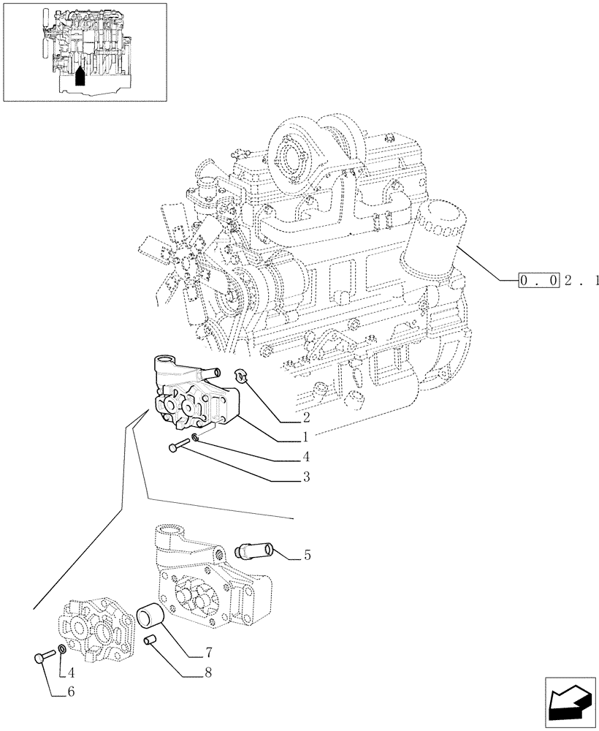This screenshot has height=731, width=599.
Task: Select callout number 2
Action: click(x=305, y=418)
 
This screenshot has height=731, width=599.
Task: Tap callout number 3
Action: click(x=305, y=477)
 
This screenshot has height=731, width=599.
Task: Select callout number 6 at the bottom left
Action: click(x=71, y=691)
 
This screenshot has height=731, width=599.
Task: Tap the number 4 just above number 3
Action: click(x=305, y=458)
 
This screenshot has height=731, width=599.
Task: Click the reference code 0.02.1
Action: click(x=560, y=280)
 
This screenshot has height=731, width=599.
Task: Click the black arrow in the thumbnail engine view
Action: click(x=80, y=76)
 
